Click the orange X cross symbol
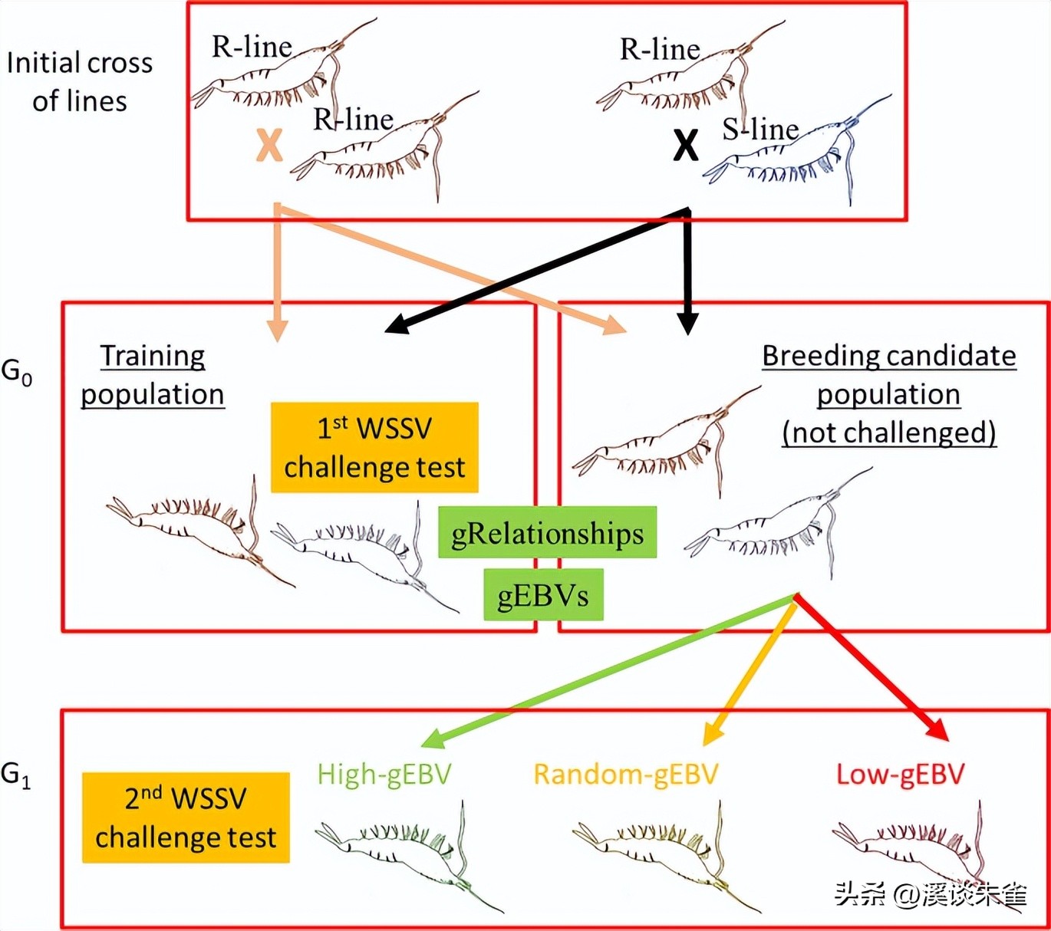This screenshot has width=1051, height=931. tap(269, 144)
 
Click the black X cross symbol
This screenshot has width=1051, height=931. tap(685, 144)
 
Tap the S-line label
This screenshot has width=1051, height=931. tap(760, 129)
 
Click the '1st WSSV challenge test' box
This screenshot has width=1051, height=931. tap(374, 447)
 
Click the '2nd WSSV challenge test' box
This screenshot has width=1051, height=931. tap(186, 818)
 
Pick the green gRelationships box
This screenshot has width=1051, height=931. tap(547, 532)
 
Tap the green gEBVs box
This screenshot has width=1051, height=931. tap(543, 594)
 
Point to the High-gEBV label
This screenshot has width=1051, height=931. tap(384, 774)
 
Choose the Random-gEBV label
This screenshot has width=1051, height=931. tap(625, 774)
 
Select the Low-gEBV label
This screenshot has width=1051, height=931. tap(900, 774)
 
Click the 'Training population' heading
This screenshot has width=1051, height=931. tap(153, 375)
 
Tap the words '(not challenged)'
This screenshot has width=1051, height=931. tap(889, 433)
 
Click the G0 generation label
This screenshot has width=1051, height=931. tap(16, 372)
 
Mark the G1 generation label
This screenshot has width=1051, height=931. tap(16, 775)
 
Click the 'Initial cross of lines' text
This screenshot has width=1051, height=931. tap(80, 81)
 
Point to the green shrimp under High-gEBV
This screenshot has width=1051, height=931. tap(407, 851)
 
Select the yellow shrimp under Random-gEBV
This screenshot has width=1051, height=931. tap(664, 851)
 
